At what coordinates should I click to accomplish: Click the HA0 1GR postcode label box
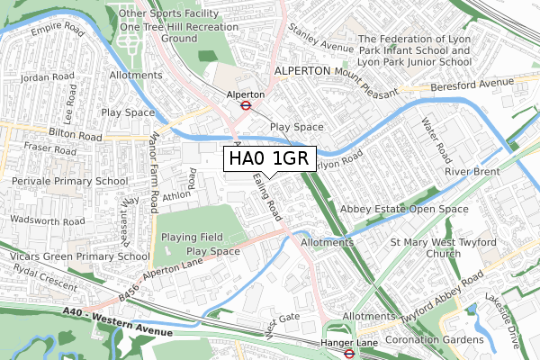pos(269,159)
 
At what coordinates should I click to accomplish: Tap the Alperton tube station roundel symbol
pos(244,104)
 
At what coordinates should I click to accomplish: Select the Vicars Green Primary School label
pos(75,256)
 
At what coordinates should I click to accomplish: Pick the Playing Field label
pos(191,237)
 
